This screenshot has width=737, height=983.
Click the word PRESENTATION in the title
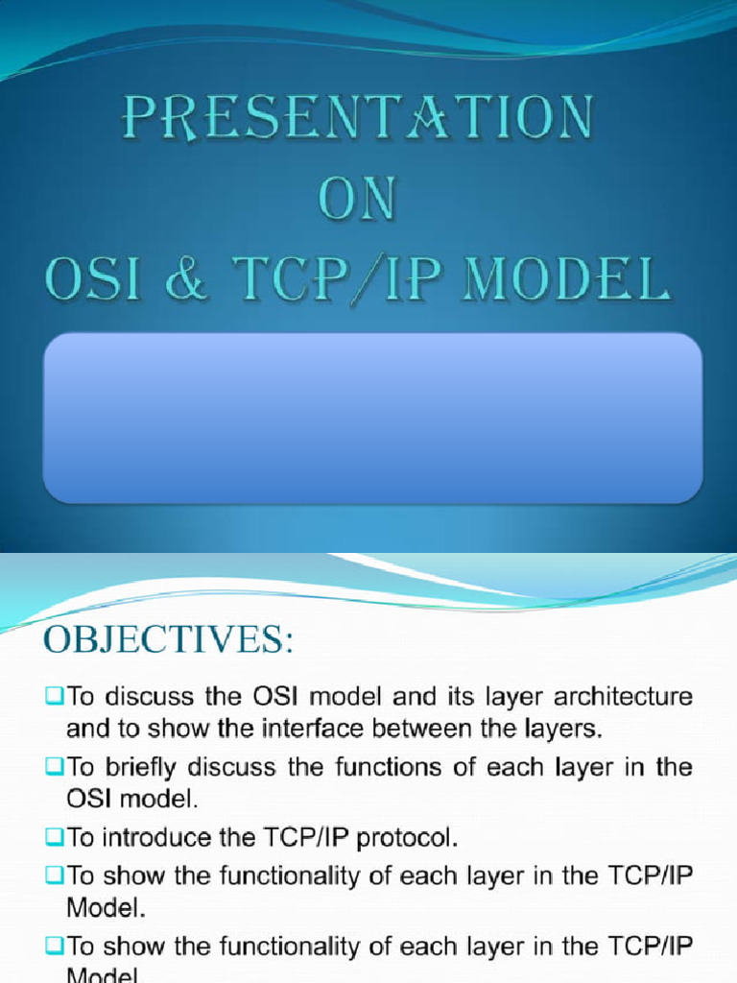click(x=356, y=121)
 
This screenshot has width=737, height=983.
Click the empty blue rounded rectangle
click(x=372, y=418)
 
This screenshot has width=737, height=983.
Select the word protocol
click(x=406, y=838)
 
